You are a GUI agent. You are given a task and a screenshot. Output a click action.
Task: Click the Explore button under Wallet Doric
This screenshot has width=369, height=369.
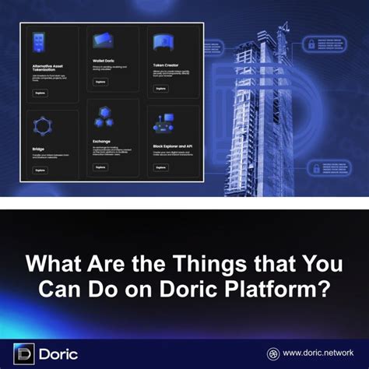click(x=100, y=82)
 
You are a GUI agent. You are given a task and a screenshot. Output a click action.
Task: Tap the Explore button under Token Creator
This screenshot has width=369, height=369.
click(x=160, y=89)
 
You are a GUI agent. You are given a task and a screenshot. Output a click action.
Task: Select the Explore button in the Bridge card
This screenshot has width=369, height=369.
click(x=40, y=169)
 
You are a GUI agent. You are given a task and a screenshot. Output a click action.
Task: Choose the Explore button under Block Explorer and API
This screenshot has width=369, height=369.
click(x=160, y=167)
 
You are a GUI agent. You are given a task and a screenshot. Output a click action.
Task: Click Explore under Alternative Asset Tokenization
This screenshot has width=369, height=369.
click(x=40, y=92)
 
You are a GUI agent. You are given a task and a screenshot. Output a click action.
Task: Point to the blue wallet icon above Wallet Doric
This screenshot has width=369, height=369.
click(x=102, y=41)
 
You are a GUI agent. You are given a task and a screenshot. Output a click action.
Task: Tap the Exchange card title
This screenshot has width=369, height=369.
click(x=102, y=141)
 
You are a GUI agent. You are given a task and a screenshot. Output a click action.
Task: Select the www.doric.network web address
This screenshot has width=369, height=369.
click(x=321, y=352)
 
